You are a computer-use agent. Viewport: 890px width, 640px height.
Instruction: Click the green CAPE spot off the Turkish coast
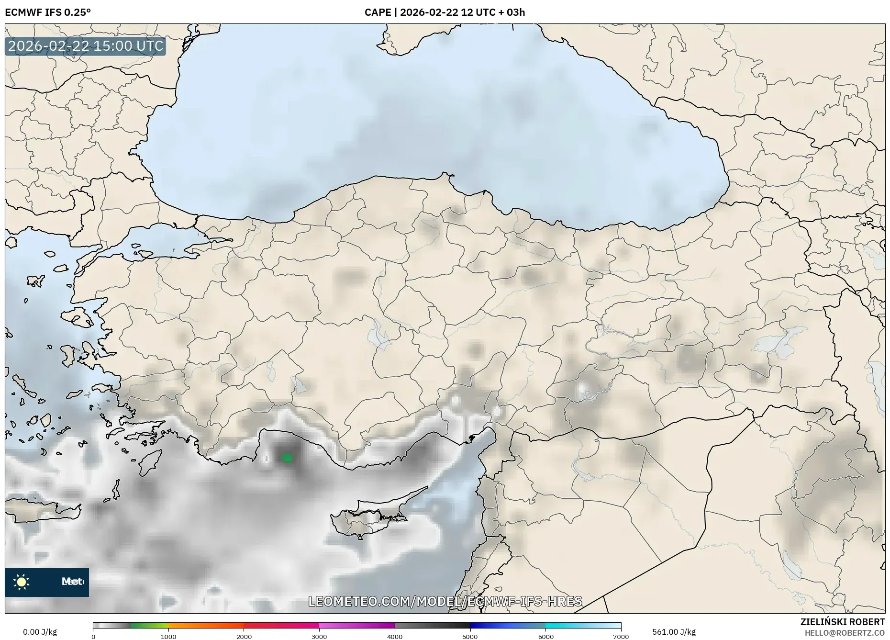tap(287, 458)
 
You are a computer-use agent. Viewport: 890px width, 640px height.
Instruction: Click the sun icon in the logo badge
tap(22, 582)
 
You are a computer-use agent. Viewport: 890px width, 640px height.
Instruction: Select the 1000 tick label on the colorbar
tap(168, 637)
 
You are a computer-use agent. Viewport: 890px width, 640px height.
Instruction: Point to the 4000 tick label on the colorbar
tap(395, 637)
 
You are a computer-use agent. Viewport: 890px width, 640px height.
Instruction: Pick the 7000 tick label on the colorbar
tap(621, 637)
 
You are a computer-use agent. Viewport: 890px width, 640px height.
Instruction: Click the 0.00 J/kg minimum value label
tap(40, 632)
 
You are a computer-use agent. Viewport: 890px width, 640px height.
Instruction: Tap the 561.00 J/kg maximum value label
tap(674, 632)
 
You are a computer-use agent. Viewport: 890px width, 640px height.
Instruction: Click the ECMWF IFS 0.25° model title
tap(48, 12)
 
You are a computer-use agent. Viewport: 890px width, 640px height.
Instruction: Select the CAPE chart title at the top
tap(445, 12)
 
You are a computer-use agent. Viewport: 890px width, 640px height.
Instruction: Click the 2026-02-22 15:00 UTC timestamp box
tap(86, 46)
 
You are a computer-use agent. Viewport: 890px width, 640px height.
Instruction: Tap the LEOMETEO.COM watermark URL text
tap(445, 601)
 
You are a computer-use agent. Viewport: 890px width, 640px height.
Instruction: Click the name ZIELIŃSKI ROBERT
tap(842, 622)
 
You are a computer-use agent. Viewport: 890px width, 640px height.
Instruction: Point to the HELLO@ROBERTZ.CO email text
tap(845, 633)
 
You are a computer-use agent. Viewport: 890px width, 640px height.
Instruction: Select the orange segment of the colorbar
tap(206, 626)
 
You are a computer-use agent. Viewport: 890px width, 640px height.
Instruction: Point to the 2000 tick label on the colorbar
tap(244, 637)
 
